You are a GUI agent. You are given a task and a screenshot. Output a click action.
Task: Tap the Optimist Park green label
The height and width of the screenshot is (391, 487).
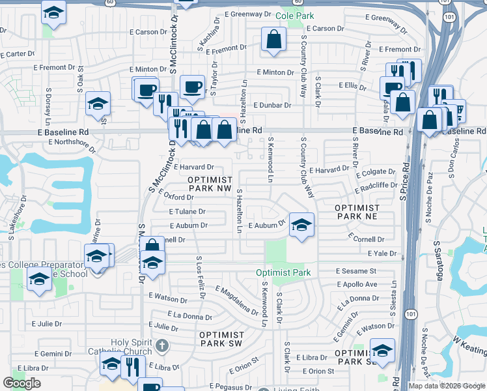[283, 272]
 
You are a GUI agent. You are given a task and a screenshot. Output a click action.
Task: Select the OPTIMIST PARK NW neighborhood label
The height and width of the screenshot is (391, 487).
[210, 183]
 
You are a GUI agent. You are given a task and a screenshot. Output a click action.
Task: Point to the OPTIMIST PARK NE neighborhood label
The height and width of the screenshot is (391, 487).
[356, 211]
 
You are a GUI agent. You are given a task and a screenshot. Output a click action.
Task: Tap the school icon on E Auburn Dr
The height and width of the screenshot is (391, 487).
[301, 225]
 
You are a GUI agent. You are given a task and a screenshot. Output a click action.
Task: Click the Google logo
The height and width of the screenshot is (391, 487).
[22, 383]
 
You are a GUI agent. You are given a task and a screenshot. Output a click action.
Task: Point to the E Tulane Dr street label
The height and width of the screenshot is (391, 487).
[187, 212]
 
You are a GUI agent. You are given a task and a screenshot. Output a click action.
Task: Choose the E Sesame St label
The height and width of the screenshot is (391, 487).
[356, 271]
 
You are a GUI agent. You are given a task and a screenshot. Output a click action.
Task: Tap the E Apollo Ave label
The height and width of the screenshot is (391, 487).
[357, 285]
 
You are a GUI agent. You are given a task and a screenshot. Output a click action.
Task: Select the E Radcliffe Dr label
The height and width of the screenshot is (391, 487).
[376, 188]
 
